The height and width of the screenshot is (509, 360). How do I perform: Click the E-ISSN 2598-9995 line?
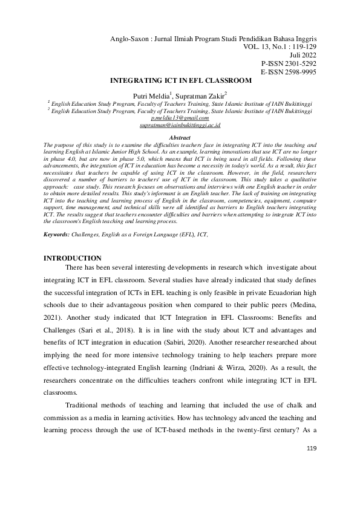(x=289, y=71)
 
